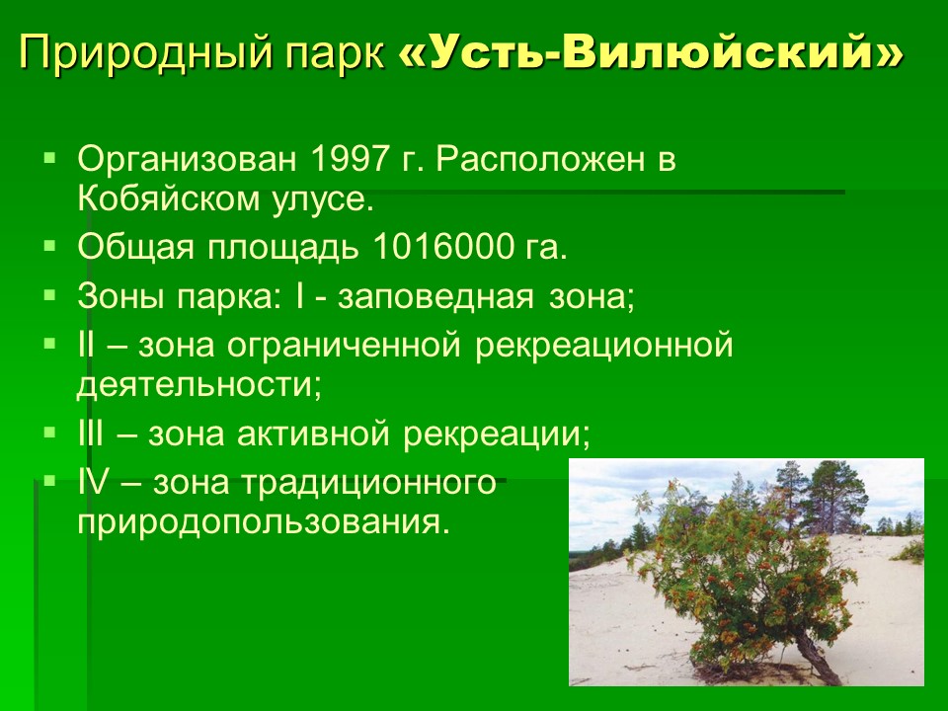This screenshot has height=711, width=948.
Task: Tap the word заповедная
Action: tap(435, 297)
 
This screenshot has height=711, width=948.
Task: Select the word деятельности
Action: tap(198, 385)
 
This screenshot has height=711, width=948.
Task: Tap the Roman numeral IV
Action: tap(94, 483)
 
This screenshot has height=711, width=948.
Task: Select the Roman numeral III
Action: tap(91, 434)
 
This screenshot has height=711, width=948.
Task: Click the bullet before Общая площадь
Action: tap(49, 246)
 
